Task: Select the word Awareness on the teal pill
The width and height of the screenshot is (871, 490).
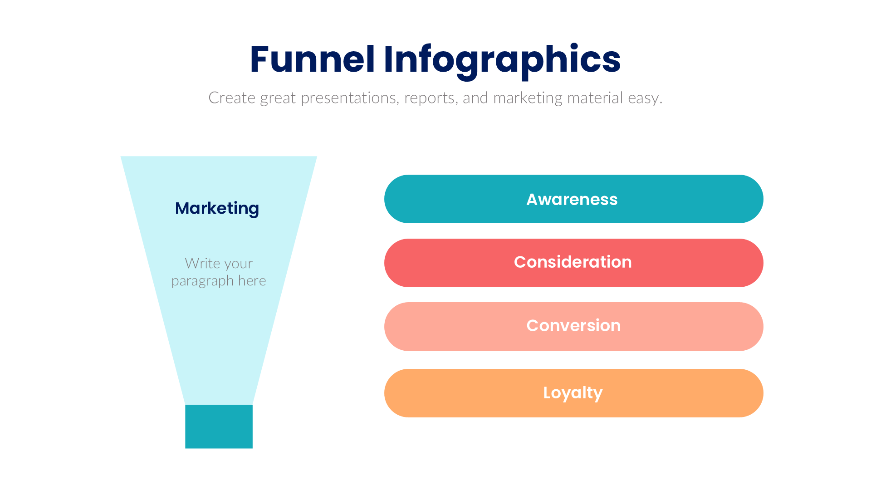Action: click(572, 200)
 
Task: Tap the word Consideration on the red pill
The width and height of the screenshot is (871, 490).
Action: click(573, 262)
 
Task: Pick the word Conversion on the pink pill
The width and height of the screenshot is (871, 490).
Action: click(573, 326)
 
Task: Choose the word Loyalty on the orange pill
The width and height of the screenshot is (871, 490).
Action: click(573, 393)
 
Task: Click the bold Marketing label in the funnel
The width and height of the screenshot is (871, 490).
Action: click(217, 208)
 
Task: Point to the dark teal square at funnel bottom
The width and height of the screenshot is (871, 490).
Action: click(219, 426)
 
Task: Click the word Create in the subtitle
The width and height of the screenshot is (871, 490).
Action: click(232, 98)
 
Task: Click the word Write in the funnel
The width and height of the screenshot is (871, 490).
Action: click(203, 264)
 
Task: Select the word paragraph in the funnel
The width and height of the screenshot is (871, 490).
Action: click(202, 281)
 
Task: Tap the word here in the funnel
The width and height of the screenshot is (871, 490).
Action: click(252, 281)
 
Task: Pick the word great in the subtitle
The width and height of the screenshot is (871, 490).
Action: click(278, 98)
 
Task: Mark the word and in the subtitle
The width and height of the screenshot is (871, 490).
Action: click(475, 98)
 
